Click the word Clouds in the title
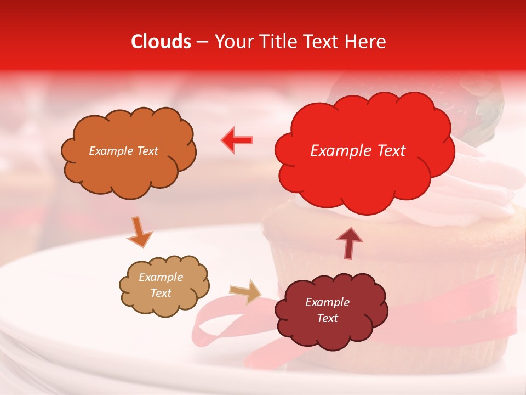click(161, 42)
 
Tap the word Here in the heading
click(365, 42)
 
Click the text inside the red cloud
click(358, 151)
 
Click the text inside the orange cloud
click(123, 151)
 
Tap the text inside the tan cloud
click(161, 285)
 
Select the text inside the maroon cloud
click(327, 310)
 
